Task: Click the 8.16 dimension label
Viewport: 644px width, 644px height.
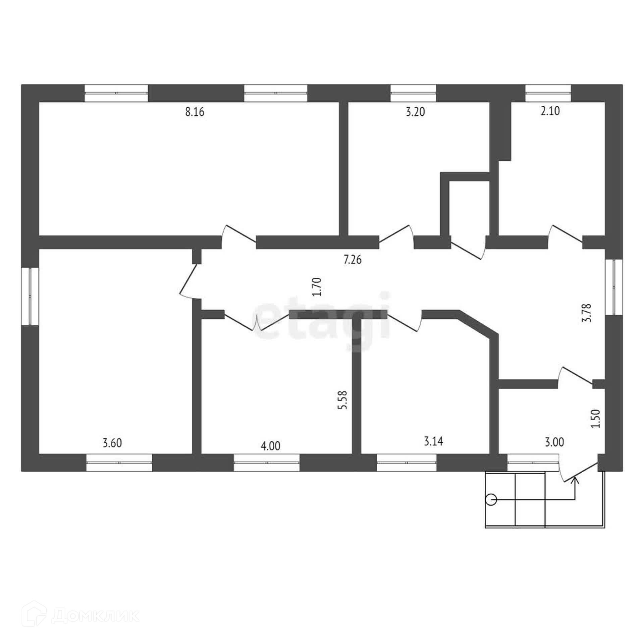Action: coord(195,112)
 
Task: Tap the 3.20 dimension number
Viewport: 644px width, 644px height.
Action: coord(415,112)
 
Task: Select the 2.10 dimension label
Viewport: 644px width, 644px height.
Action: coord(550,111)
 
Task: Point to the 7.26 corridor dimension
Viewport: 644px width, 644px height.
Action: coord(353,259)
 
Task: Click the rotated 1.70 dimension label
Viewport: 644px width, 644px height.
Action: coord(318,286)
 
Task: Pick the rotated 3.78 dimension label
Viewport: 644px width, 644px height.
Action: coord(588,313)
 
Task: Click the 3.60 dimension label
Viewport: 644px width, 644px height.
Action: coord(112,443)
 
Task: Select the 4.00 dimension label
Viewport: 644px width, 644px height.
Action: coord(270,446)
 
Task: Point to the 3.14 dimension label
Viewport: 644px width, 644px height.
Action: coord(433,441)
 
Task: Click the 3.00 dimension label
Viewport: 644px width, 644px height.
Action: coord(554,442)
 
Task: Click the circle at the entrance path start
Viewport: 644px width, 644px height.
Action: coord(492,509)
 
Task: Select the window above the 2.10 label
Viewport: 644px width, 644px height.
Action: coord(548,93)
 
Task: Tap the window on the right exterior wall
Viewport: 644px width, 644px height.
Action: coord(614,287)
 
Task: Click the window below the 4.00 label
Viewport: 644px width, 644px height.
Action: coord(266,463)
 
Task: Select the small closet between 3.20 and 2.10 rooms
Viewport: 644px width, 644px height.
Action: coord(469,208)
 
